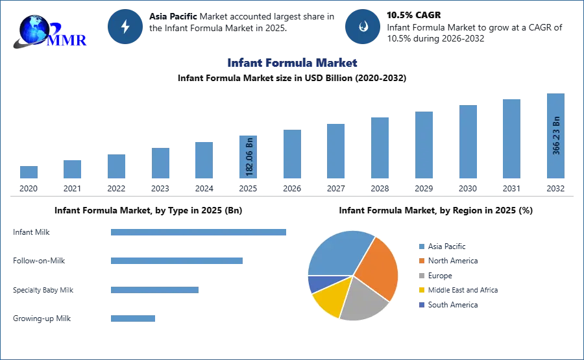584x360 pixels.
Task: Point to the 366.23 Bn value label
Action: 556,135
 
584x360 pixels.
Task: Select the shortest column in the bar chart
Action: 29,173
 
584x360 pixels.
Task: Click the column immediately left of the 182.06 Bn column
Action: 202,160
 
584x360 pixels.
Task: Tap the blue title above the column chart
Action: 291,63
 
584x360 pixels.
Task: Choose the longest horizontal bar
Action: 199,233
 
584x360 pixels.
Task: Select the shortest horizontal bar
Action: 132,317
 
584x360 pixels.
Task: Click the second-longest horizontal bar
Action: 176,259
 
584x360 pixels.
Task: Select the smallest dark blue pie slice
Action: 318,283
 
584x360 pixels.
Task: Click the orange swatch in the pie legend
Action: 420,261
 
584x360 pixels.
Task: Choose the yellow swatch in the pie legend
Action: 420,291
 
